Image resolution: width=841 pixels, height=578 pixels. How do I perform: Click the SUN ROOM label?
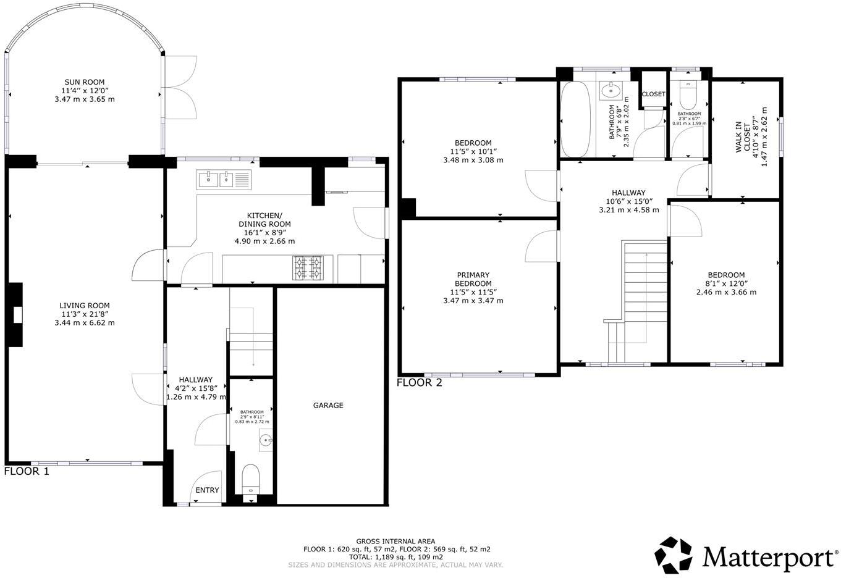[85, 82]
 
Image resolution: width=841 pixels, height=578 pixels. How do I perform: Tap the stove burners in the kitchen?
[308, 267]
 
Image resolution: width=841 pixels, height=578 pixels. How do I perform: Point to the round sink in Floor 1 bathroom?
[266, 441]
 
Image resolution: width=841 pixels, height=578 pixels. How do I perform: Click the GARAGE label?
[328, 406]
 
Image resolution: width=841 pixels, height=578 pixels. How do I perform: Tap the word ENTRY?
[207, 490]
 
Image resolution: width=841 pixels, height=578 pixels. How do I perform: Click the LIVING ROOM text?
[85, 306]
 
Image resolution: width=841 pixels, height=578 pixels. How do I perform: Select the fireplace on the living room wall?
[17, 315]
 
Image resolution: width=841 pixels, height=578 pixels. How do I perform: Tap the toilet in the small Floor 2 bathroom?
[688, 94]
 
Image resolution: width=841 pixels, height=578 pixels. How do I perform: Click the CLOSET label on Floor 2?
[653, 94]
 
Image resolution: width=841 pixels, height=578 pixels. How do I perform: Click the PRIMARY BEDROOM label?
[473, 279]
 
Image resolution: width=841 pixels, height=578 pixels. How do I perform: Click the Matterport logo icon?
[675, 555]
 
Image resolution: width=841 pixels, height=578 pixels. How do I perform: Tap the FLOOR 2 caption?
[420, 383]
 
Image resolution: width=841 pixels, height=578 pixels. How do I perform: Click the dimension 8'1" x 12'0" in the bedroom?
[726, 284]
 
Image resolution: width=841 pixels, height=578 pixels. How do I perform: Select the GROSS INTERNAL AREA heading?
[395, 541]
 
